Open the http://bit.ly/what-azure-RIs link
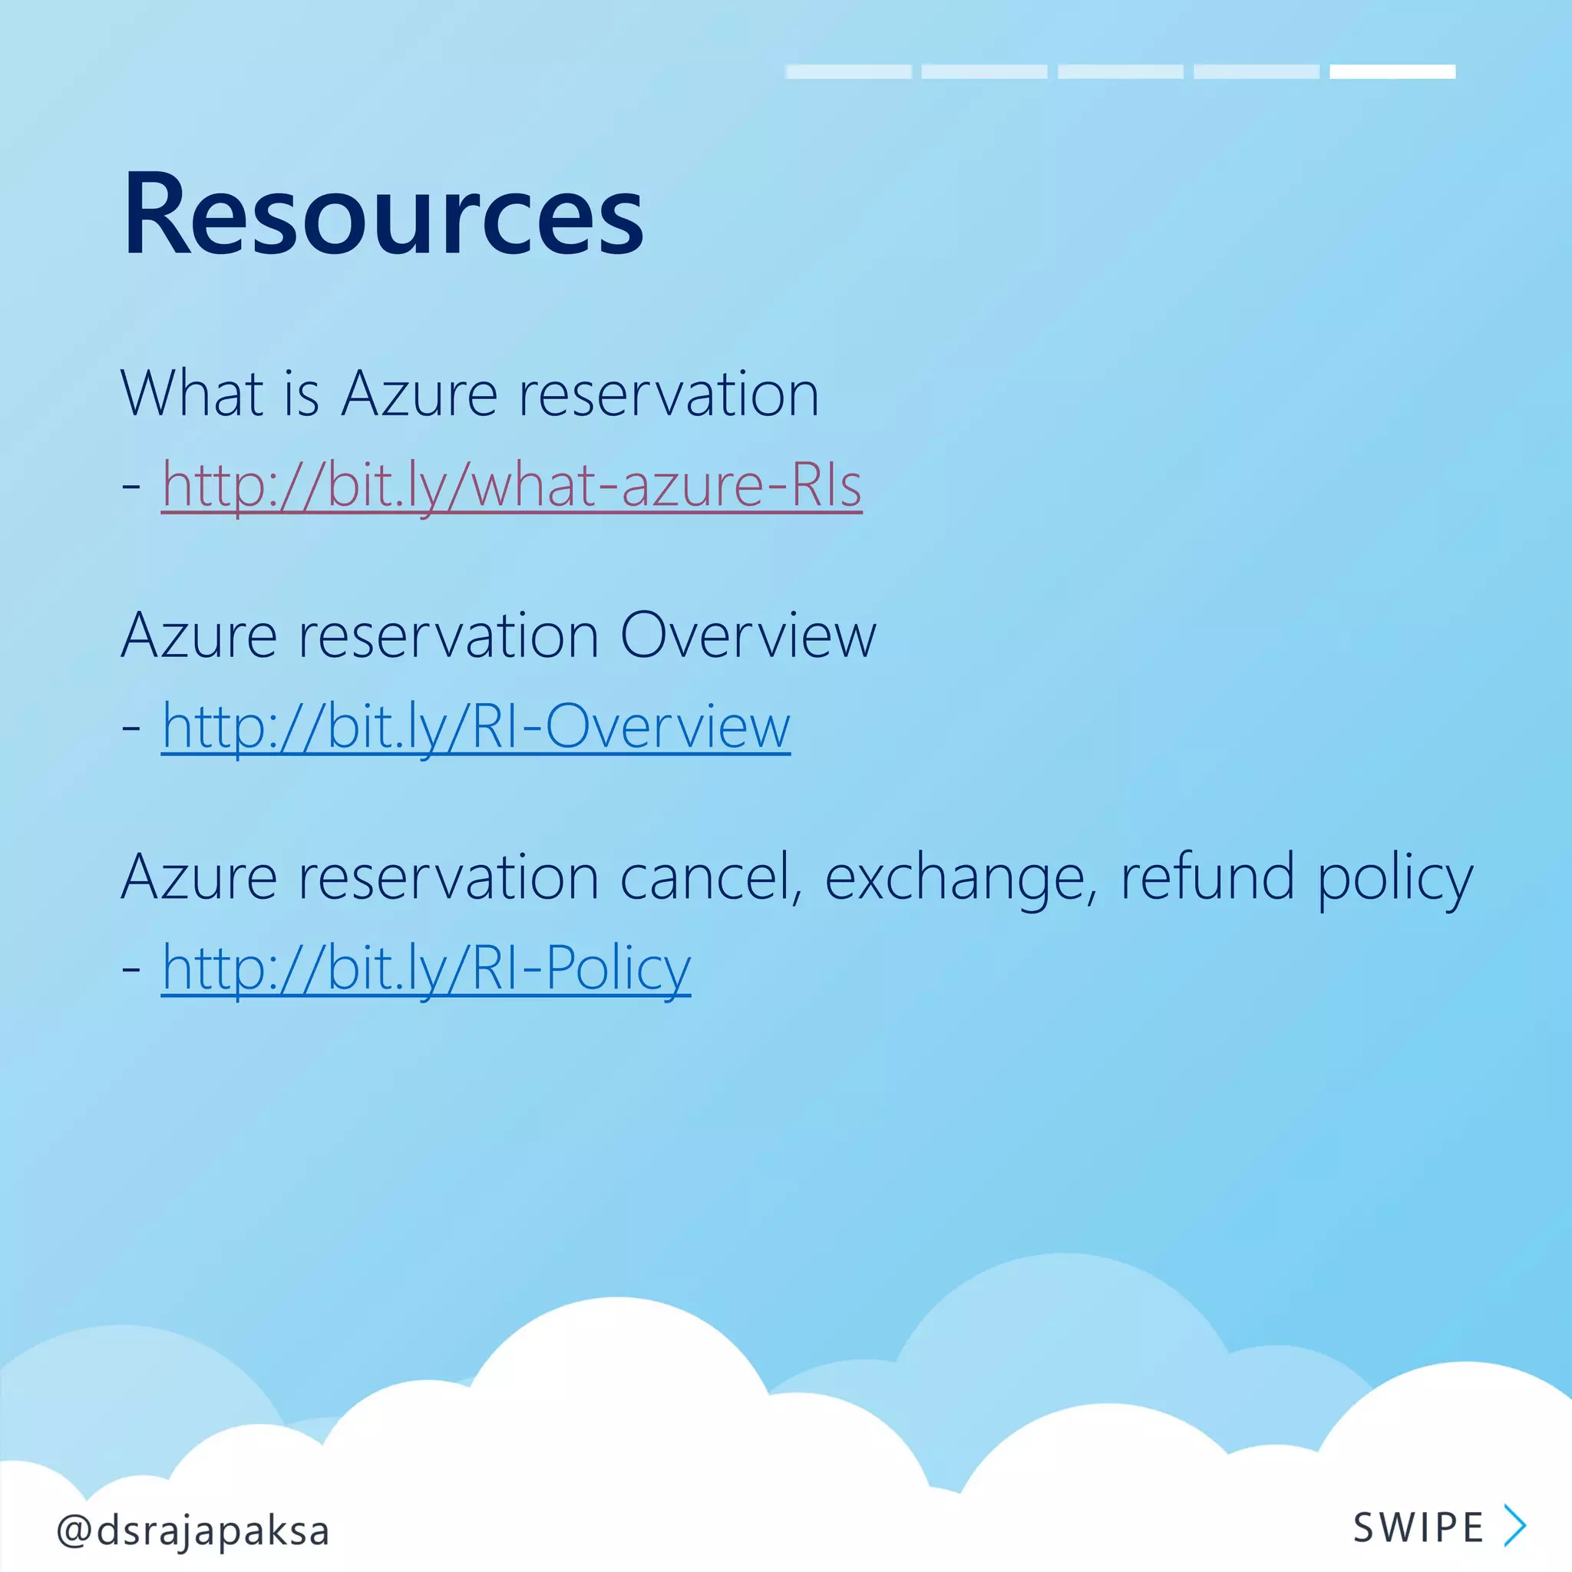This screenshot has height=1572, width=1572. pyautogui.click(x=511, y=486)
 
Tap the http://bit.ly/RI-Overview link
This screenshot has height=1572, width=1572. pyautogui.click(x=475, y=727)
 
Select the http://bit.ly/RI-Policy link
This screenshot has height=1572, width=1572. pyautogui.click(x=425, y=968)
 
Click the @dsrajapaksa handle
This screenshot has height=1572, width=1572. pyautogui.click(x=193, y=1531)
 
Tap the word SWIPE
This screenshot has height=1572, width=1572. pyautogui.click(x=1418, y=1527)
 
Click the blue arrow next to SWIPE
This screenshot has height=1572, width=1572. pyautogui.click(x=1514, y=1526)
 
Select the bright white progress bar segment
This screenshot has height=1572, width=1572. pyautogui.click(x=1392, y=71)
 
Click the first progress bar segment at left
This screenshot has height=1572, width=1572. pyautogui.click(x=848, y=71)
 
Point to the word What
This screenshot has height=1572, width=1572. pyautogui.click(x=192, y=394)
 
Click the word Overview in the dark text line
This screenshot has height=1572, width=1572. pyautogui.click(x=748, y=636)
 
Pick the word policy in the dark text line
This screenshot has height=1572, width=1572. pyautogui.click(x=1395, y=879)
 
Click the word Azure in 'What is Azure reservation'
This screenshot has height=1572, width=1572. pyautogui.click(x=419, y=394)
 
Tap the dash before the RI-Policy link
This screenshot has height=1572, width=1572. pyautogui.click(x=131, y=968)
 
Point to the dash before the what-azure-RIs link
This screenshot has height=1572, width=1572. pyautogui.click(x=131, y=486)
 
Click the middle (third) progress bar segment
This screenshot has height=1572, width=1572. pyautogui.click(x=1121, y=71)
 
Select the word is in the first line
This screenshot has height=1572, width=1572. pyautogui.click(x=301, y=394)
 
